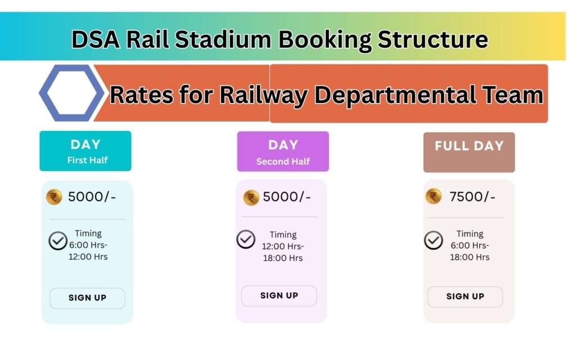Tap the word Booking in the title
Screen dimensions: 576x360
point(325,40)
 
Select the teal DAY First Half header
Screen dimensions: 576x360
point(85,151)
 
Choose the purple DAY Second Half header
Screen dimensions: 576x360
point(283,152)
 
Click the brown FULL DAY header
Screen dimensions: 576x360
point(469,152)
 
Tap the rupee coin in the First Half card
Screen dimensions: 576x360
point(54,197)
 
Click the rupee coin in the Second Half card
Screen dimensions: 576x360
point(251,198)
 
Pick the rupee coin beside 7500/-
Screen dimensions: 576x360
point(434,196)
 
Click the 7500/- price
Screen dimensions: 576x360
point(472,197)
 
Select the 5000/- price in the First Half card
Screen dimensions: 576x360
point(92,197)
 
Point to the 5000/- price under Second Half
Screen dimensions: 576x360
point(287,197)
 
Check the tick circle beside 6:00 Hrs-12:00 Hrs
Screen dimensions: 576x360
point(58,241)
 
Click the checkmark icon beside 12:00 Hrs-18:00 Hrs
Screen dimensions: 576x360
point(246,239)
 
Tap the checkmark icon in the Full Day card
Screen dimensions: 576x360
point(434,240)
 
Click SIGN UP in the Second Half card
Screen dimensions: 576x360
point(279,296)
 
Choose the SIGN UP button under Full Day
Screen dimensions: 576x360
point(465,297)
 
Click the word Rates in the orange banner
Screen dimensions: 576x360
point(141,95)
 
